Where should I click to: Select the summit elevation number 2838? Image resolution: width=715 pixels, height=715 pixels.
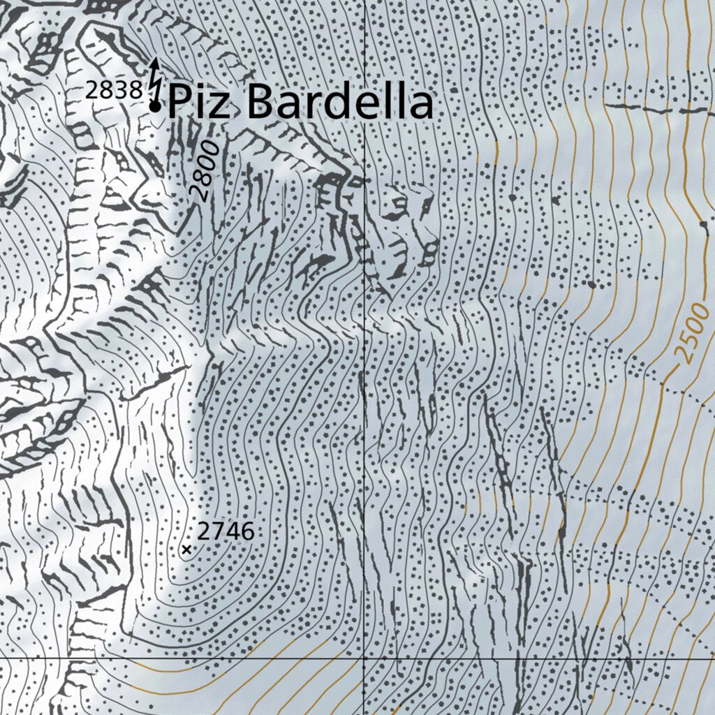click(114, 90)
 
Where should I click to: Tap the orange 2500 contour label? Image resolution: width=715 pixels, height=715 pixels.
click(693, 334)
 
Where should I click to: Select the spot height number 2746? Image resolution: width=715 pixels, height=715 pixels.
click(226, 531)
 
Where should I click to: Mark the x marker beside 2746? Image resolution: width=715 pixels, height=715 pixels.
click(186, 550)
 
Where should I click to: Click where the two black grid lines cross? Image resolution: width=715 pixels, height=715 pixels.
click(364, 658)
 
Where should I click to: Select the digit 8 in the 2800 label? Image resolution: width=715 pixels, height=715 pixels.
click(205, 177)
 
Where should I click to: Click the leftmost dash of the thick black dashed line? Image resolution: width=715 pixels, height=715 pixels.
click(624, 106)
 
